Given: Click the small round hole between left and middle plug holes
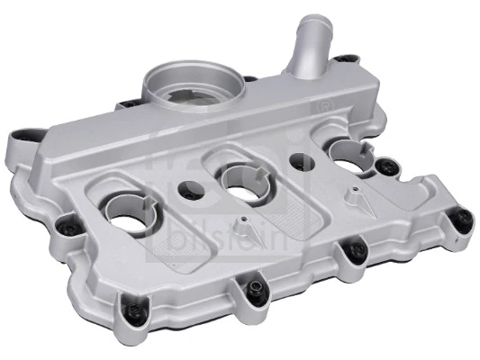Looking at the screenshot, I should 191,191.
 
